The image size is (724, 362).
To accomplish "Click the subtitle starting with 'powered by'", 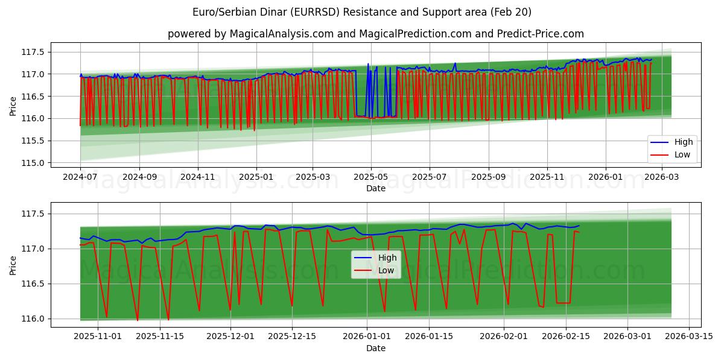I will point(375,34).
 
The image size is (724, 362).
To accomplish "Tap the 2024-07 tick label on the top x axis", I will point(80,177).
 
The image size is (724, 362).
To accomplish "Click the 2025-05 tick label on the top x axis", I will point(370,177).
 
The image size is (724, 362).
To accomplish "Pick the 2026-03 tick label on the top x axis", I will point(662,177).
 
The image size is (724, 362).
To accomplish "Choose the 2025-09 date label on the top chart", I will point(488,177).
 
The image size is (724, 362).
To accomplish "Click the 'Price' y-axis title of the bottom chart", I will point(13,265).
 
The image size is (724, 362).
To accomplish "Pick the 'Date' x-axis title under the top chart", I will point(375,188).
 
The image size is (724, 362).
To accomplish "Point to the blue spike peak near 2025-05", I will point(368,63).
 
